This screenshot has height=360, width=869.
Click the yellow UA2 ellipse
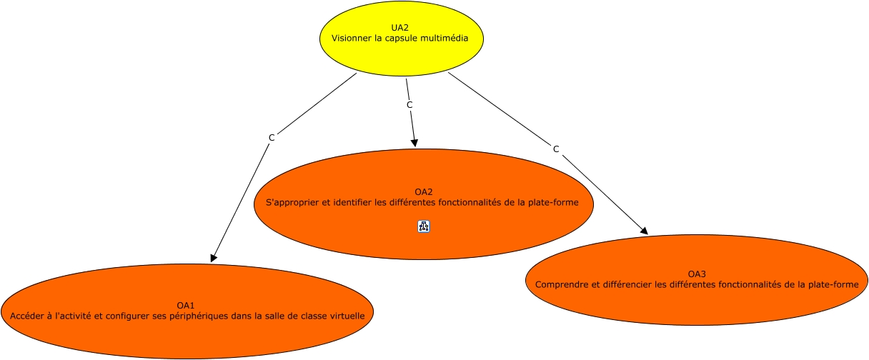402,39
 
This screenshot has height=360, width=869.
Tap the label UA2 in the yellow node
399,28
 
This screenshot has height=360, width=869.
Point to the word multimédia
445,38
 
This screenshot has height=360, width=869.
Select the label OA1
185,305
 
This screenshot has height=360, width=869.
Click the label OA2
423,191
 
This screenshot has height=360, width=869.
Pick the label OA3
697,274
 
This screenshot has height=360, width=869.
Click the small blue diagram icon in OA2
424,226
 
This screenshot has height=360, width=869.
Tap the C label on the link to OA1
272,138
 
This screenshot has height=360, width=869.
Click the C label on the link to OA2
409,105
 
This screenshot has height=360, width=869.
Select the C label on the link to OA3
556,149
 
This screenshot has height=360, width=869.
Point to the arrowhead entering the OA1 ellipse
213,259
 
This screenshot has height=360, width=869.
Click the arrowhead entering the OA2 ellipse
414,143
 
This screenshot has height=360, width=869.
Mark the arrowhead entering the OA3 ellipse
645,231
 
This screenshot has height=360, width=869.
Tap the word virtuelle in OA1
347,316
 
